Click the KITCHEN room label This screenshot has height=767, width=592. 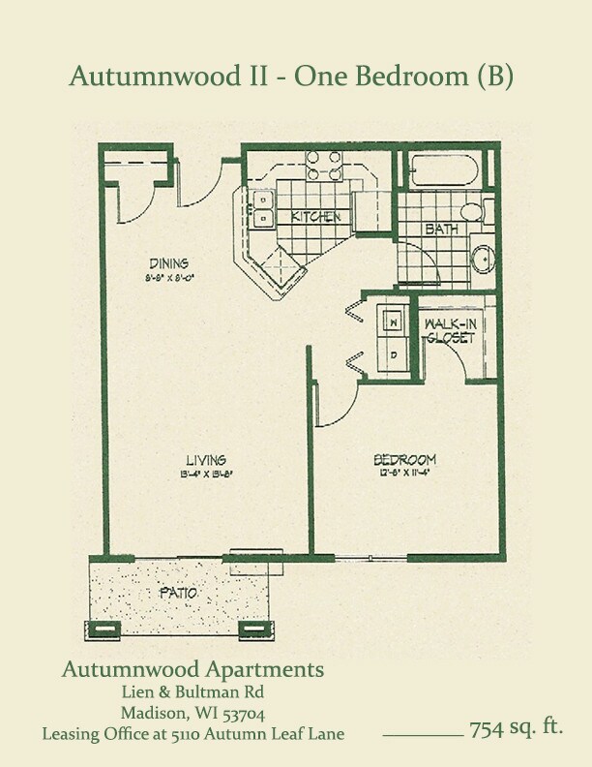(x=315, y=217)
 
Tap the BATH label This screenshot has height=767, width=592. (x=441, y=230)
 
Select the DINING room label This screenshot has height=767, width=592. (x=168, y=262)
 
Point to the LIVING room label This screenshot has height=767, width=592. (x=206, y=459)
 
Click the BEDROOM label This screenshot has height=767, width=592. (x=404, y=459)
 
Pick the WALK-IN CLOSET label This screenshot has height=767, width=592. (x=449, y=331)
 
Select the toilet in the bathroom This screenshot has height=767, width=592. (x=473, y=211)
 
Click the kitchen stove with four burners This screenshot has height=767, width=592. (x=324, y=167)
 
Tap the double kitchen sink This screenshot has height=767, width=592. (x=262, y=209)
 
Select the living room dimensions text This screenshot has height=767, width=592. (x=205, y=475)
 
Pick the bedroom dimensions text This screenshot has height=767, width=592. (x=404, y=474)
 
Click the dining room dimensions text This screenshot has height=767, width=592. (x=168, y=277)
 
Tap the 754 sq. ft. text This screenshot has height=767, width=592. (x=516, y=727)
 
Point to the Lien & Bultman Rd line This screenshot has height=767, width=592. (x=192, y=691)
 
